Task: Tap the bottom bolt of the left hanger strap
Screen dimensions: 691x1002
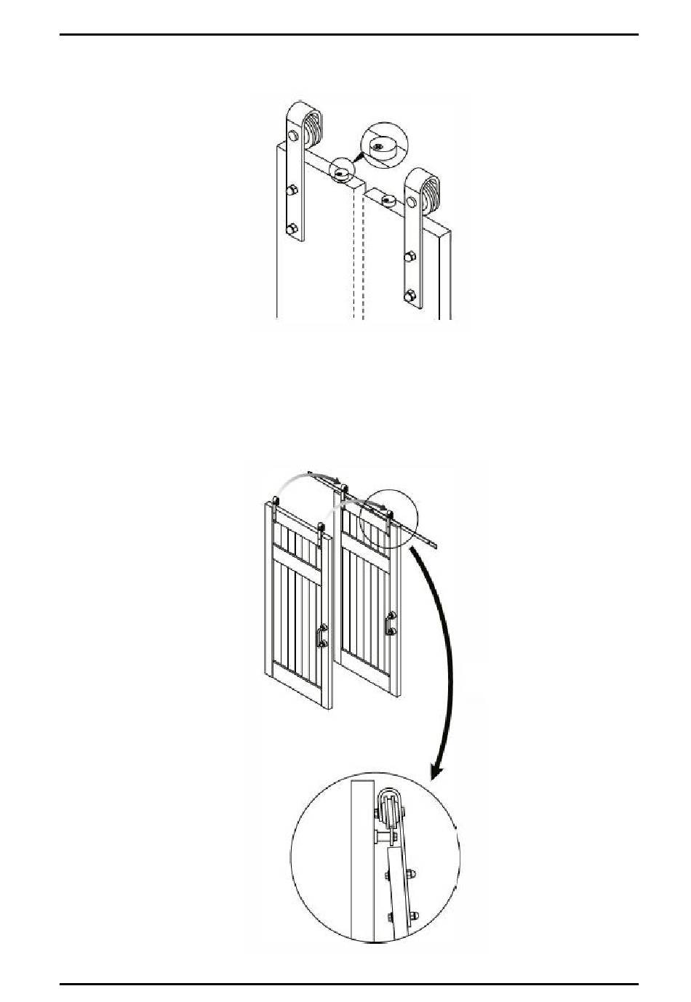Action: [292, 230]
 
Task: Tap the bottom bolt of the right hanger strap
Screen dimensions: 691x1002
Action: [411, 295]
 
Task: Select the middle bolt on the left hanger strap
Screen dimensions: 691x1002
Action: [291, 191]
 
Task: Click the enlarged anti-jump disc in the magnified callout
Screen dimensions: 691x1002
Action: [380, 145]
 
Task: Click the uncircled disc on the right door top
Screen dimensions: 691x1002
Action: [389, 198]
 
